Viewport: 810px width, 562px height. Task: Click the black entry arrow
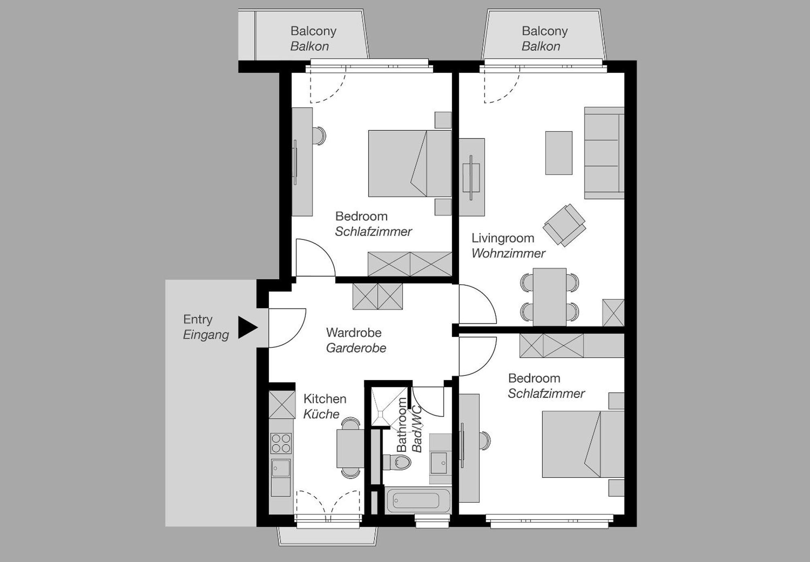click(247, 327)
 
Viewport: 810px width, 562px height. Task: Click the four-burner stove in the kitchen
click(281, 443)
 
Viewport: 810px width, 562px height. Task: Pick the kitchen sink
click(281, 468)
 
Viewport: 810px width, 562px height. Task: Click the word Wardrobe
click(354, 333)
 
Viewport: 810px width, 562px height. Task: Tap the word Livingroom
click(503, 238)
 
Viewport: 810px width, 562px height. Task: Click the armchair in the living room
click(564, 225)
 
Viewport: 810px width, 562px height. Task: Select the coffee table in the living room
click(558, 153)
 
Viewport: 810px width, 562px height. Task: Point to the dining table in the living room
click(549, 296)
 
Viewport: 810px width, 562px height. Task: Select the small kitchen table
click(350, 449)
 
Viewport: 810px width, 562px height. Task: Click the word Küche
click(321, 414)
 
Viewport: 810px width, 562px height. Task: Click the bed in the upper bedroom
click(409, 164)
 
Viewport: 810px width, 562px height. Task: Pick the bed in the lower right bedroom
click(582, 444)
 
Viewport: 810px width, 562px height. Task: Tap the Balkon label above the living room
click(541, 46)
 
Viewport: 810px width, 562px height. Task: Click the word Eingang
click(206, 335)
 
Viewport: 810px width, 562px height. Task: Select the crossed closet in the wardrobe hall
click(377, 296)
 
